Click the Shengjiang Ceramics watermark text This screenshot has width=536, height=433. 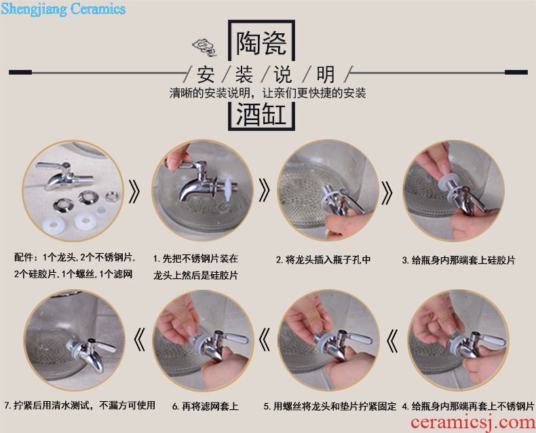click(x=63, y=9)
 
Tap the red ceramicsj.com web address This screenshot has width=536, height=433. click(x=473, y=423)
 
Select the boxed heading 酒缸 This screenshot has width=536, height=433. click(x=261, y=114)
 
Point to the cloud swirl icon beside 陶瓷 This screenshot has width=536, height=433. click(x=204, y=48)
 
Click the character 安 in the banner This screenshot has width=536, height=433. click(x=206, y=75)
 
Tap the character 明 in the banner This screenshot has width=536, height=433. click(x=326, y=75)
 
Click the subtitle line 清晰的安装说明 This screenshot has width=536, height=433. click(x=215, y=93)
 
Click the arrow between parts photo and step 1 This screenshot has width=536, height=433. click(x=134, y=191)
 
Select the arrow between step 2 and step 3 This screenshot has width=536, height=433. click(x=387, y=192)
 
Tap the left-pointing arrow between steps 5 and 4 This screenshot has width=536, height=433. click(x=392, y=341)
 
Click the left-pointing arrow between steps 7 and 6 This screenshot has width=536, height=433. click(x=139, y=339)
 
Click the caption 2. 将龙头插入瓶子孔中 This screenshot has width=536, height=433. click(x=324, y=260)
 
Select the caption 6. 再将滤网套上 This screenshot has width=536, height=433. click(x=205, y=407)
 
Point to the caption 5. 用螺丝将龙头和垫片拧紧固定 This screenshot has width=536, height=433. click(x=330, y=407)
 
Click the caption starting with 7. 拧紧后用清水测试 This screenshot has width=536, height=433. click(x=79, y=406)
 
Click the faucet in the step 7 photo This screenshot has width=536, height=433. click(x=90, y=352)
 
